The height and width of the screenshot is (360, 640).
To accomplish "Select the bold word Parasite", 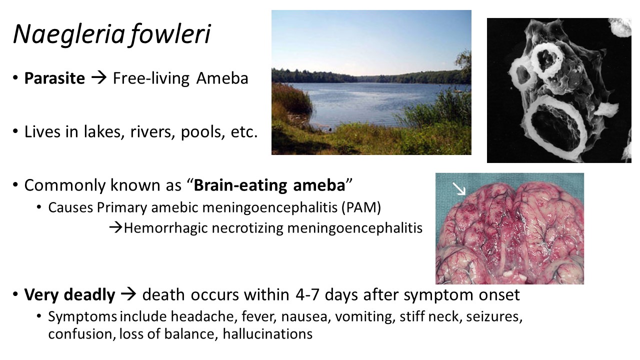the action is [x=54, y=78].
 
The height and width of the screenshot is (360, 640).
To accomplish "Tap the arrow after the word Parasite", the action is [x=99, y=77].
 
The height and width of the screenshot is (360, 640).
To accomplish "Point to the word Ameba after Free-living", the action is [x=222, y=78].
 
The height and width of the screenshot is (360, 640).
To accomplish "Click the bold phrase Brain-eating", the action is [x=240, y=185].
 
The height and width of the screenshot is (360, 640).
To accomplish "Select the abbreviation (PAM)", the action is [x=361, y=207].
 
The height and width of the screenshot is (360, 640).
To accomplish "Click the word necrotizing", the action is [x=247, y=228].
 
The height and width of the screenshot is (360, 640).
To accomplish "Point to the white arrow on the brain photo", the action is [x=459, y=189].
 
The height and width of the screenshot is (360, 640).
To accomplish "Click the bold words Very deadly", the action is [x=69, y=295].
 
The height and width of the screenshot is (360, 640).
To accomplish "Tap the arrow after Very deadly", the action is [x=128, y=294].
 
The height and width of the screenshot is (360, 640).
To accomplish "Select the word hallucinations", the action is [x=267, y=334].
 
